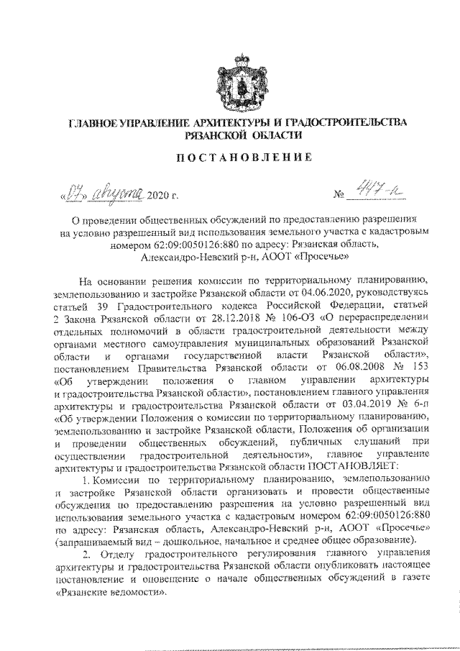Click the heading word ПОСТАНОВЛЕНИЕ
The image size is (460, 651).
click(x=234, y=157)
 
